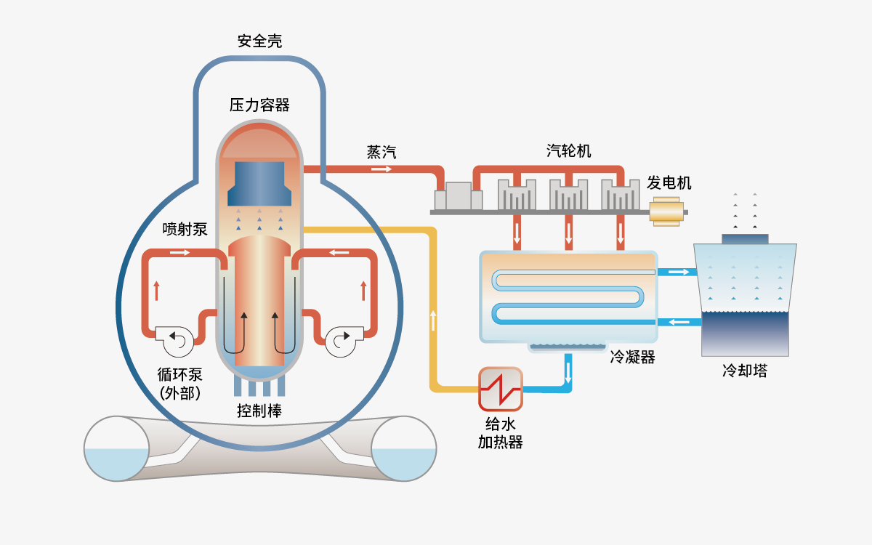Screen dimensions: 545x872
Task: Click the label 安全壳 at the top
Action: tap(259, 41)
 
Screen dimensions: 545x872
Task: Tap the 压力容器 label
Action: tap(259, 105)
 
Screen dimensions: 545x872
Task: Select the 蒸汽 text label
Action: tap(381, 153)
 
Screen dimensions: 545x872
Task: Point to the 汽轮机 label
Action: tap(569, 151)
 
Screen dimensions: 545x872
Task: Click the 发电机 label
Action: tap(669, 182)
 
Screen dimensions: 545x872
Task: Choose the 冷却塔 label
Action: tap(745, 371)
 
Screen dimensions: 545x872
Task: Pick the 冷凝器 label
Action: tap(633, 358)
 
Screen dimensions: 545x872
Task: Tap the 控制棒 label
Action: tap(259, 411)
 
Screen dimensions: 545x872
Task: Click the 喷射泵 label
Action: tap(185, 230)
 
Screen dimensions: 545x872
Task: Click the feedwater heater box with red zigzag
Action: tap(501, 389)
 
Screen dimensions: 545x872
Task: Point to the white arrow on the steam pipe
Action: tap(381, 169)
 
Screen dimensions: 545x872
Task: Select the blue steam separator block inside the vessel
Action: tap(259, 184)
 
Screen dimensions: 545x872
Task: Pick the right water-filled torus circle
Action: tap(404, 448)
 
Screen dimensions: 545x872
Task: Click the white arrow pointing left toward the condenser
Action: tap(679, 322)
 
